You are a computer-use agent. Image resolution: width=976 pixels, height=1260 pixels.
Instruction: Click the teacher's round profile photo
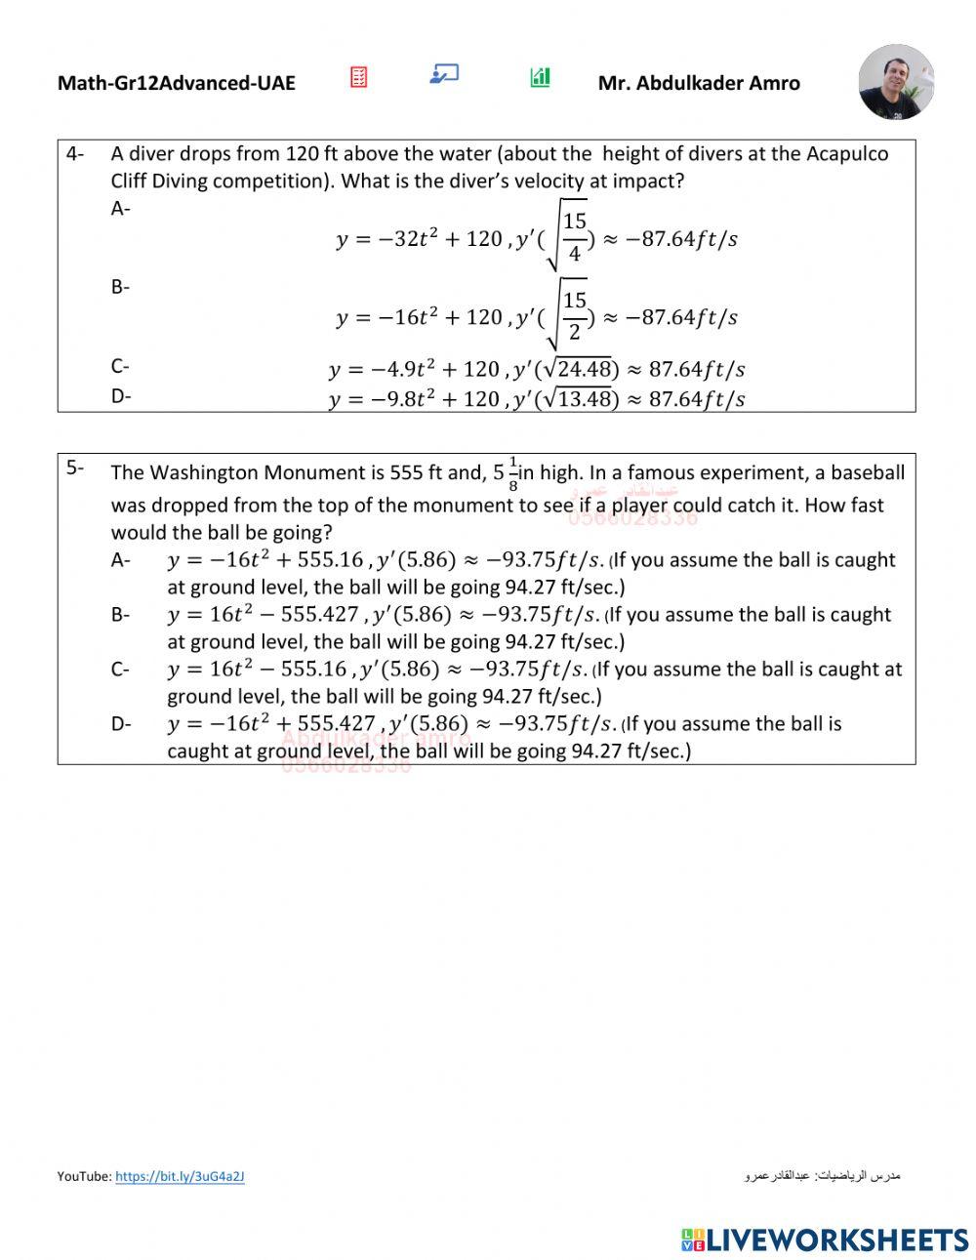896,82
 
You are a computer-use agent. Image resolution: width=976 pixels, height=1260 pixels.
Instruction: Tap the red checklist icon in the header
359,77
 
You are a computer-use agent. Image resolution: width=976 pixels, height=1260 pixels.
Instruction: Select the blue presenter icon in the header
444,74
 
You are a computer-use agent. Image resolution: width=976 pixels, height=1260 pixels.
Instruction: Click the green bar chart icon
540,77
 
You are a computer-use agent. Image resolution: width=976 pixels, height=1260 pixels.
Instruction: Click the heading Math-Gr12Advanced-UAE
176,83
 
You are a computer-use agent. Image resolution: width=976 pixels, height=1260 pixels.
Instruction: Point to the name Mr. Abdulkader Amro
699,83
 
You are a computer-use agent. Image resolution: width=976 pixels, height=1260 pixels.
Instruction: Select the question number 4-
75,154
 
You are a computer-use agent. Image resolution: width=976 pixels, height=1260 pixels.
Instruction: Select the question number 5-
75,467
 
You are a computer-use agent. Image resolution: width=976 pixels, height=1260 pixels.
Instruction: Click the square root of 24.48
577,369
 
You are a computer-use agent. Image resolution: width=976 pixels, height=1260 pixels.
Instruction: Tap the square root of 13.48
577,398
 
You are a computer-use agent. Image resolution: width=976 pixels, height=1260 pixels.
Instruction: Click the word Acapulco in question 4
845,154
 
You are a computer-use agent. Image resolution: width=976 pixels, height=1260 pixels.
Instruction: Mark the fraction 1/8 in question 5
513,473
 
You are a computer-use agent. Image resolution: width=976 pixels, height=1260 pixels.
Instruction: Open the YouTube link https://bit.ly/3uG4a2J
180,1177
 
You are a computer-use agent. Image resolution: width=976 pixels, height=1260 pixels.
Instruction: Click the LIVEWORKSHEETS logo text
837,1240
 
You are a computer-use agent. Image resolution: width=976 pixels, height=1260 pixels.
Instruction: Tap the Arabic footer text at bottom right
822,1176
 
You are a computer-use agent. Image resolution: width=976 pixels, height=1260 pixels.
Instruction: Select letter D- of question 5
121,724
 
